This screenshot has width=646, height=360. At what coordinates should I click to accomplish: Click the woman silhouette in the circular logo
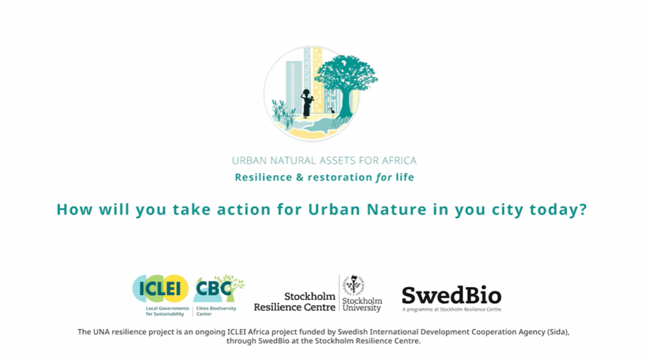pos(307,103)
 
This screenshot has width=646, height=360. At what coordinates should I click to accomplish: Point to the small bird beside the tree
pos(332,110)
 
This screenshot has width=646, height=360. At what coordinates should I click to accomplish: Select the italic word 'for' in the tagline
pos(384,177)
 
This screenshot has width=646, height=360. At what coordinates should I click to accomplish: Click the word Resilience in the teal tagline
pos(263,177)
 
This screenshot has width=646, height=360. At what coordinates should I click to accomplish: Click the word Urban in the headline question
pos(334,209)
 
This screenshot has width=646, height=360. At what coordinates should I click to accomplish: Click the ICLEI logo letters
pos(160,288)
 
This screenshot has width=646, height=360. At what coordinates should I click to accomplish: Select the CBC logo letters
pos(214,288)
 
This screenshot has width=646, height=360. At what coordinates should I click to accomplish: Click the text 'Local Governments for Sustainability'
pos(167,311)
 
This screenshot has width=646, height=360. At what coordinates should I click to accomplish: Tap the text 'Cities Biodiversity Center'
pos(216,311)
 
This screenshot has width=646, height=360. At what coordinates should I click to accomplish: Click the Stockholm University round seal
pos(355,284)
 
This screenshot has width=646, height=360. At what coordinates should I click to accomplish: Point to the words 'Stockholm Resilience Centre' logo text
pos(295,302)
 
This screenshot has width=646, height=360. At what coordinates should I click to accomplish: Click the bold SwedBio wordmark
pos(452,295)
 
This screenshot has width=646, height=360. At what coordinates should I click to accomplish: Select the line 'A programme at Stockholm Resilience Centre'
pos(452,310)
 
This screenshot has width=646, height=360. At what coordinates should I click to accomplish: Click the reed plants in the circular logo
pos(284,112)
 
